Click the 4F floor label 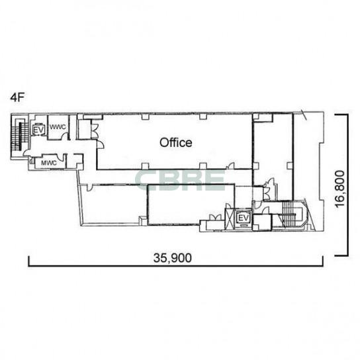[x=17, y=97]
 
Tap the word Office [x=176, y=142]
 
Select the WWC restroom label [x=58, y=127]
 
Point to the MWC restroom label [x=49, y=163]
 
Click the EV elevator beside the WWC [x=38, y=130]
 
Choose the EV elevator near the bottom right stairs [x=244, y=218]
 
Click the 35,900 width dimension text [x=173, y=258]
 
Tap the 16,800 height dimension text [x=340, y=189]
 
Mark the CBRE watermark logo [x=180, y=180]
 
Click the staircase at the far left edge [x=21, y=136]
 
